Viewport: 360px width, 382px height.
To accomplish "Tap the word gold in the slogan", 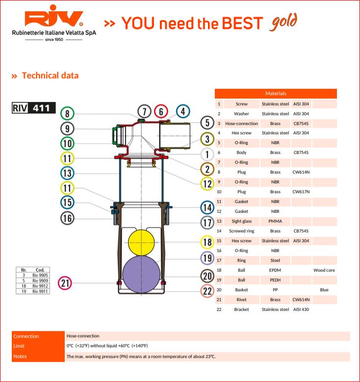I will pyautogui.click(x=283, y=23).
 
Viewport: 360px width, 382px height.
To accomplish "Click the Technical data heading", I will pyautogui.click(x=50, y=76).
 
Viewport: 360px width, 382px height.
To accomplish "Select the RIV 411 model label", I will pyautogui.click(x=34, y=108).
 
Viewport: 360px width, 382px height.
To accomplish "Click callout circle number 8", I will pyautogui.click(x=68, y=114).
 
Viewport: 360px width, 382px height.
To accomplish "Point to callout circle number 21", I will pyautogui.click(x=66, y=283).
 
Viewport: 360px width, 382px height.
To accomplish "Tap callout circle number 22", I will pyautogui.click(x=207, y=291).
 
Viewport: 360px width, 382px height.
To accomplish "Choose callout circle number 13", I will pyautogui.click(x=68, y=173).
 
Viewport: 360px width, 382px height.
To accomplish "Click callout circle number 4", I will pyautogui.click(x=183, y=111).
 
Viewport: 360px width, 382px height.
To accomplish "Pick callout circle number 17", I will pyautogui.click(x=207, y=223).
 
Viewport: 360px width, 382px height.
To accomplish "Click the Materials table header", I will pyautogui.click(x=276, y=93).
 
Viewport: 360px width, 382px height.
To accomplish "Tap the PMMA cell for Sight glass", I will pyautogui.click(x=275, y=221).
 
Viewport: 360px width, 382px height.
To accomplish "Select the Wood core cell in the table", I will pyautogui.click(x=324, y=270).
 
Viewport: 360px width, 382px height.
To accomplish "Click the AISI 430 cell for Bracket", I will pyautogui.click(x=301, y=309).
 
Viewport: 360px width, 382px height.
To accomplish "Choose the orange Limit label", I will pyautogui.click(x=20, y=346).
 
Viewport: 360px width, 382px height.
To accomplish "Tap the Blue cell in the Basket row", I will pyautogui.click(x=324, y=290).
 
